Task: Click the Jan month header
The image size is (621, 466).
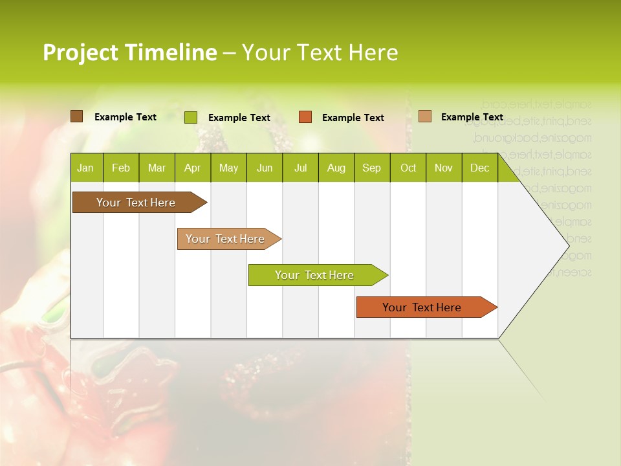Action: pos(86,168)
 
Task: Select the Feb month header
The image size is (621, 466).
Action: pos(121,168)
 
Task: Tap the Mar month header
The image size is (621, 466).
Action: pos(157,168)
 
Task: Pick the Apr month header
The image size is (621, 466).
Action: pos(193,168)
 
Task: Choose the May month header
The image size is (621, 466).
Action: pos(228,168)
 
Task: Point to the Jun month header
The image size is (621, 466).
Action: pos(265,168)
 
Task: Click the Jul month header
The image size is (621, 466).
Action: pos(300,168)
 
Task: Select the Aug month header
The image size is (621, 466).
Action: pos(336,168)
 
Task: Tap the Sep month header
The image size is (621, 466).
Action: pos(372,168)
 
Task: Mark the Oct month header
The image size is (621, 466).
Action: pos(408,168)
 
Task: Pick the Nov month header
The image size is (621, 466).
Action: pos(444,168)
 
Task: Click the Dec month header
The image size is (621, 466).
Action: pos(480,168)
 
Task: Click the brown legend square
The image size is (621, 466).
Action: pos(76,116)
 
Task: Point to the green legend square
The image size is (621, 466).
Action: pos(191,117)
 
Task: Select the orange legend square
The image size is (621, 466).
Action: pos(305,117)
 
